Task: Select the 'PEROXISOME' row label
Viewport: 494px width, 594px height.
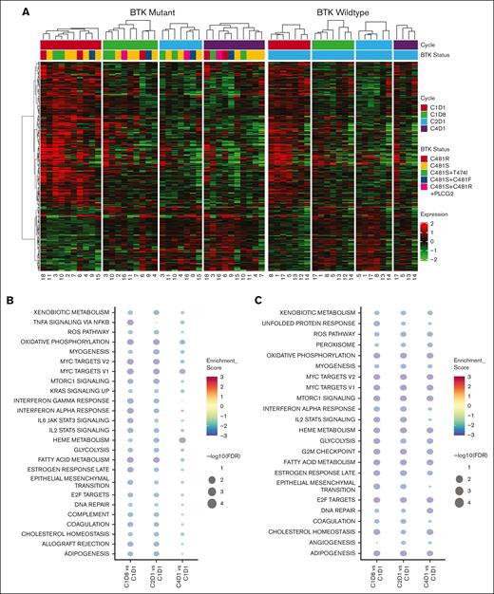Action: click(x=344, y=350)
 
